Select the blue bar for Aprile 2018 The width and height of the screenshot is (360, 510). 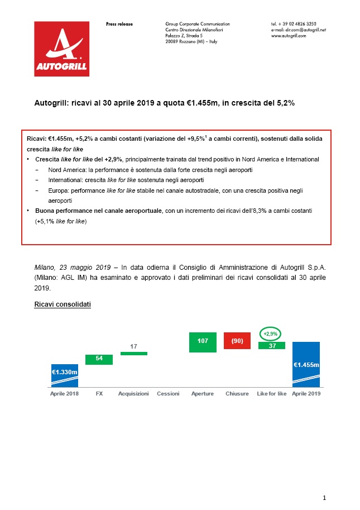click(65, 375)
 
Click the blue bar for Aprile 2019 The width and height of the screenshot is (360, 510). click(306, 364)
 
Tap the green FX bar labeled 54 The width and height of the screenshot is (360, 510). click(99, 359)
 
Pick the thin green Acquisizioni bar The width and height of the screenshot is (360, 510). click(134, 354)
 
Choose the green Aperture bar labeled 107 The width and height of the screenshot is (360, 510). click(203, 342)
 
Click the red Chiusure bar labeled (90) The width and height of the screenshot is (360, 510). click(237, 341)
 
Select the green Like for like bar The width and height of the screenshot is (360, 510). click(272, 345)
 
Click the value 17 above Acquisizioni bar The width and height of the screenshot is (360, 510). click(134, 347)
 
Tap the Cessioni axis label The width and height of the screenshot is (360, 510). click(168, 394)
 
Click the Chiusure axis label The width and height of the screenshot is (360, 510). click(237, 394)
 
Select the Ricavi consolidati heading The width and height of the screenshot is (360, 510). click(62, 305)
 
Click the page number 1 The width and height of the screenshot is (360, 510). click(324, 497)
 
